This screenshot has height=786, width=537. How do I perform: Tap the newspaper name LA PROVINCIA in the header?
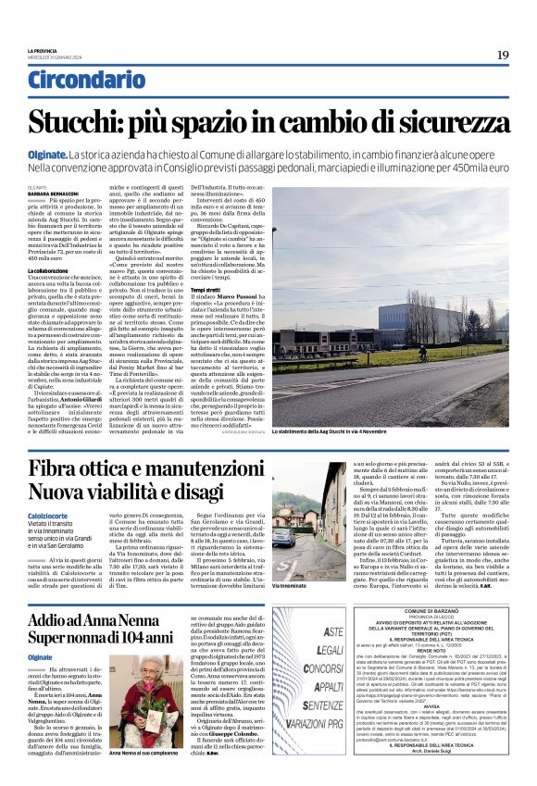point(44,51)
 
